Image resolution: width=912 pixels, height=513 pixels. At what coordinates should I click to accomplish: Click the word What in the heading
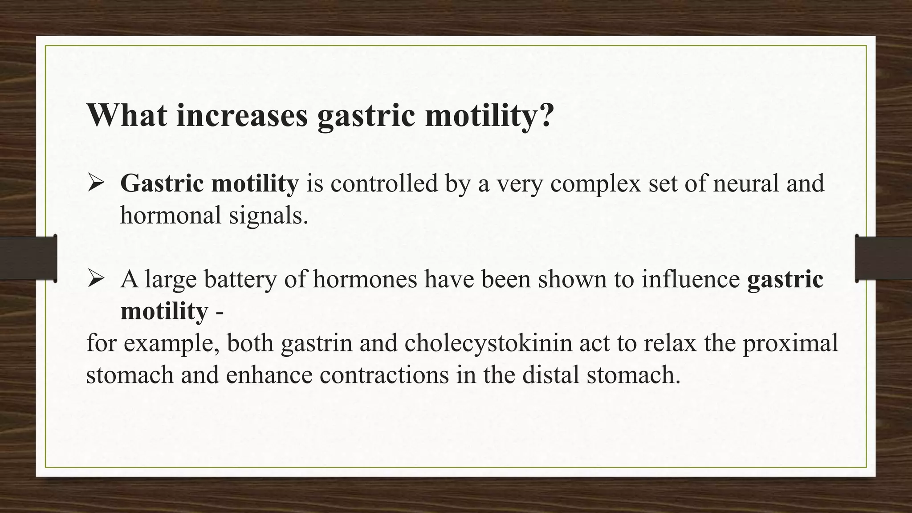click(127, 115)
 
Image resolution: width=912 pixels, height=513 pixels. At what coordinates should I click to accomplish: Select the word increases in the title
click(242, 115)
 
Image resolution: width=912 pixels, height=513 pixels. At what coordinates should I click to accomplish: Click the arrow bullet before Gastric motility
click(95, 183)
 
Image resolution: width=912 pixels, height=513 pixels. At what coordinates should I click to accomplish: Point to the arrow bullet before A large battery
click(95, 279)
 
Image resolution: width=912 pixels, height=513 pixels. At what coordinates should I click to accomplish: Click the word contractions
click(384, 375)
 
